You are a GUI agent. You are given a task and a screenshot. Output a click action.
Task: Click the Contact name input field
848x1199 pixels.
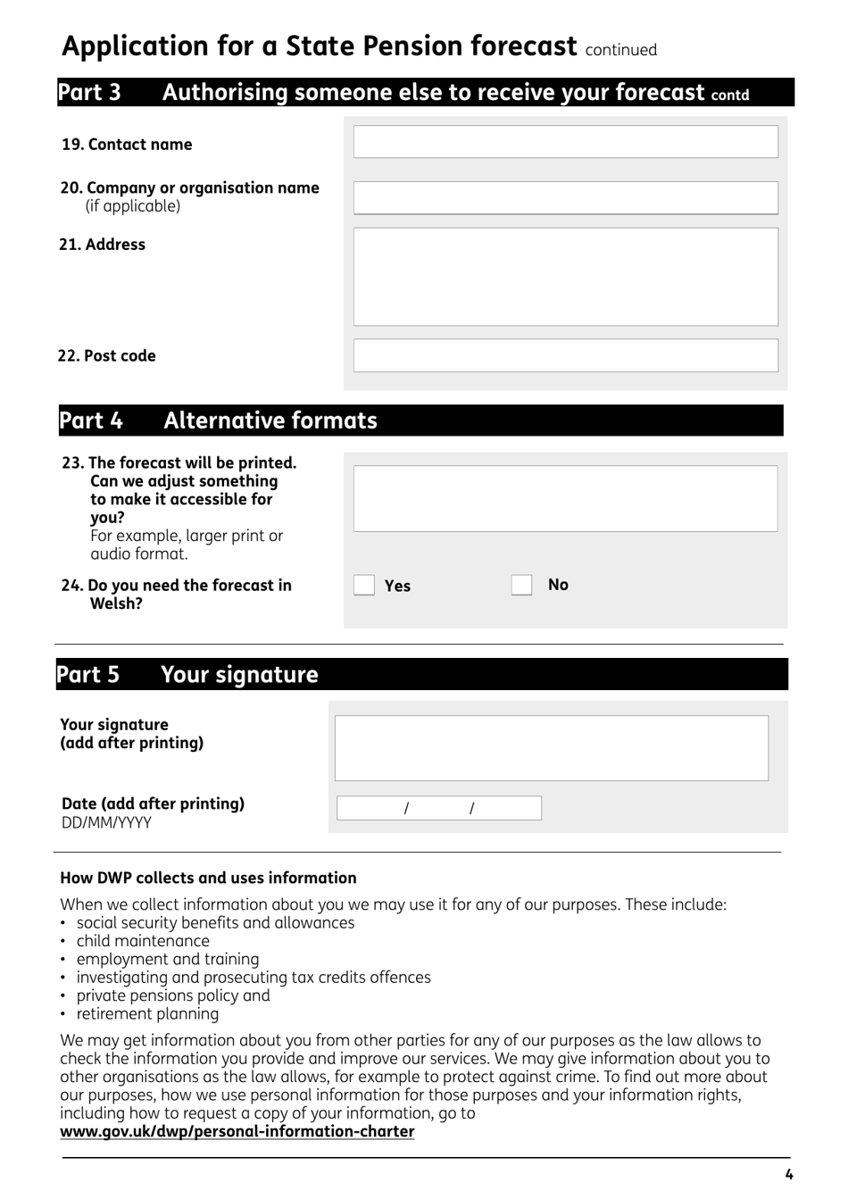[565, 142]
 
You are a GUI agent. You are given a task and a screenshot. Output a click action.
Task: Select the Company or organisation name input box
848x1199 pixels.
[565, 198]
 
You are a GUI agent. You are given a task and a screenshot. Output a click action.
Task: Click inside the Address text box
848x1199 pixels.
[565, 277]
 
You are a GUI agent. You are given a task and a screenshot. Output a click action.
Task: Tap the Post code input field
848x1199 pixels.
[565, 355]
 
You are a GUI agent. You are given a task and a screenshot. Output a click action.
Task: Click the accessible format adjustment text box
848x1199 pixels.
[565, 498]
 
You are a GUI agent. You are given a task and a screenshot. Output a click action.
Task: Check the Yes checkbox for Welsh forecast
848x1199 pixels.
[364, 585]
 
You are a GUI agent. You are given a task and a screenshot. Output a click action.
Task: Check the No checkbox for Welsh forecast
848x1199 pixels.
[521, 585]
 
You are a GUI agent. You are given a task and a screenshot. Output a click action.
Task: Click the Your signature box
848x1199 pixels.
[551, 748]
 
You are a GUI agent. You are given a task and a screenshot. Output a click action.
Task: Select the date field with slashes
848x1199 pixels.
[438, 808]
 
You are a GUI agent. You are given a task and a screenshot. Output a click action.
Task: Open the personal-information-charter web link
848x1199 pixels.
[237, 1132]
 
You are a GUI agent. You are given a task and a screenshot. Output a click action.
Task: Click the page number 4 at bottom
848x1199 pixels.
[788, 1175]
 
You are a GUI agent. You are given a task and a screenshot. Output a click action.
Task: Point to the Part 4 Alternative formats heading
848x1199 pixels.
[219, 420]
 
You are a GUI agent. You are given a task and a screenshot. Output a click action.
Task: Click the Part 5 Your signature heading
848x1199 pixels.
[187, 674]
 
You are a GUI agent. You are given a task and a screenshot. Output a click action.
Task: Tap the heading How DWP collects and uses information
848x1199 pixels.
[208, 878]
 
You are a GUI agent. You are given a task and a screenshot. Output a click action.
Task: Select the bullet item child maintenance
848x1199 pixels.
[143, 941]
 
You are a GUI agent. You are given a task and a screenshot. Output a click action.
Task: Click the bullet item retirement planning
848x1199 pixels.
[147, 1014]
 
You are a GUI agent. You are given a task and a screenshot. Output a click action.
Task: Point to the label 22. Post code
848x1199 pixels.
[107, 356]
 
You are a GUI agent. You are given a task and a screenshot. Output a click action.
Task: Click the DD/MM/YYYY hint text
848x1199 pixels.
[106, 823]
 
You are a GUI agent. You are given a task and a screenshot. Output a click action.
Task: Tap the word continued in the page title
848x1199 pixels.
[620, 50]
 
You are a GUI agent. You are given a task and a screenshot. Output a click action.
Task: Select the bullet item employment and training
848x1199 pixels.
[168, 960]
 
